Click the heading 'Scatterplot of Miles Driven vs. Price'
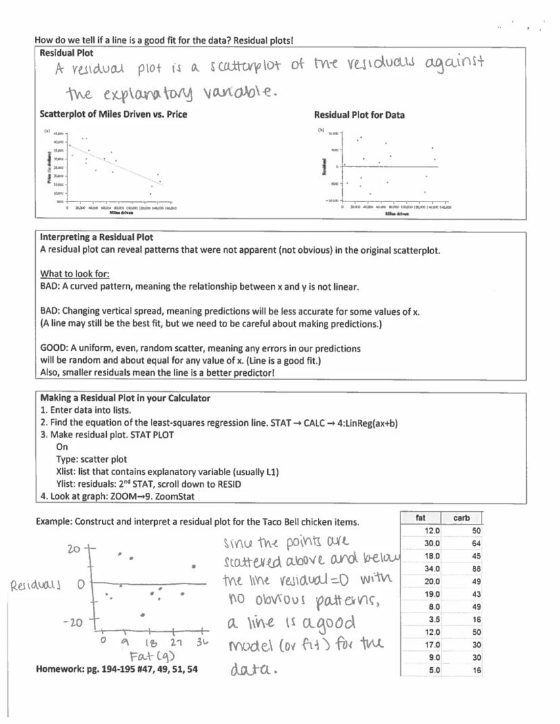(x=113, y=114)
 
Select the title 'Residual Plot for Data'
(x=359, y=115)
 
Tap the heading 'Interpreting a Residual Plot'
(x=96, y=237)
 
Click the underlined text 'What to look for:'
(x=74, y=274)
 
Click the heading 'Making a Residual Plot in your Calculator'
(x=124, y=398)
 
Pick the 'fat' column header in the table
(x=421, y=518)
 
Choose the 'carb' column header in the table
(x=462, y=518)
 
